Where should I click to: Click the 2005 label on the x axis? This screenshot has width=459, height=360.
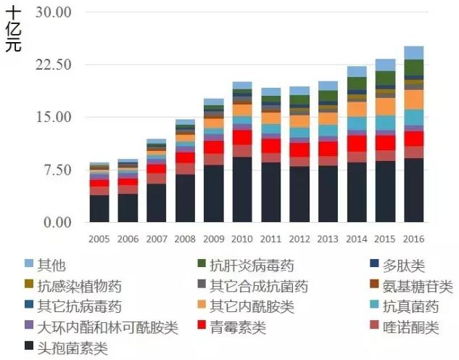click(99, 239)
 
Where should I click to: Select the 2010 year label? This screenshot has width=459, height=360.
click(242, 239)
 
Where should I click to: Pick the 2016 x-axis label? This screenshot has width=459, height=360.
click(413, 239)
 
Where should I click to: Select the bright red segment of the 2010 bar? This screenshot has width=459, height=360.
click(242, 137)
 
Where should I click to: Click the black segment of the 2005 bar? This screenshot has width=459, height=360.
click(99, 208)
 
